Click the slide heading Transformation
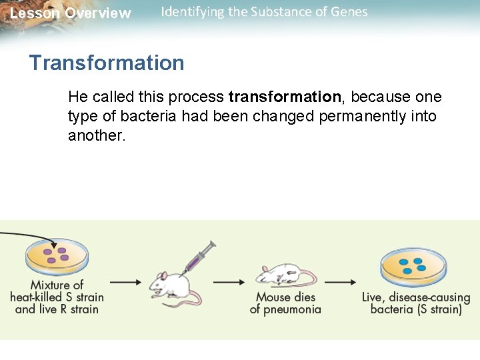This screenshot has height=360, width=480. (107, 63)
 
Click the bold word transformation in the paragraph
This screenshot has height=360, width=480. (285, 97)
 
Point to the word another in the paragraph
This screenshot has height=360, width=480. (96, 136)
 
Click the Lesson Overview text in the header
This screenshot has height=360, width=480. (70, 13)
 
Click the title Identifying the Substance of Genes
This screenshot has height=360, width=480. (264, 12)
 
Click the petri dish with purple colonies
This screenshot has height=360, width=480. (57, 257)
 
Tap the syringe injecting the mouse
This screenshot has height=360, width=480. (199, 256)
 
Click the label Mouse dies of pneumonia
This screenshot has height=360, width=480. (285, 303)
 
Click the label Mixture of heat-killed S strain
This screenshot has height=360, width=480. (57, 297)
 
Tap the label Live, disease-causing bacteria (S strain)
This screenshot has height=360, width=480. (416, 303)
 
